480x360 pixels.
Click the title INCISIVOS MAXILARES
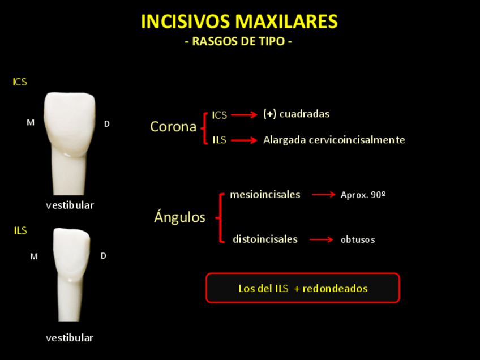click(x=239, y=22)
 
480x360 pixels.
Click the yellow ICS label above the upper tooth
click(x=20, y=82)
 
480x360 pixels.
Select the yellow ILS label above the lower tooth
click(x=20, y=230)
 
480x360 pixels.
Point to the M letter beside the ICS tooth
click(x=31, y=122)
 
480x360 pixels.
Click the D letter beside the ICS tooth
click(x=106, y=123)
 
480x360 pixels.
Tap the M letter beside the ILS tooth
click(x=34, y=256)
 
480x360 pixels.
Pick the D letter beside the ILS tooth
click(x=104, y=256)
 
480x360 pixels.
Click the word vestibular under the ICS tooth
click(x=70, y=205)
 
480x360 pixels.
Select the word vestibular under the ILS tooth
click(x=70, y=338)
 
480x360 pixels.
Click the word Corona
click(x=173, y=127)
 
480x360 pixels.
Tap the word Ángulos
click(x=179, y=217)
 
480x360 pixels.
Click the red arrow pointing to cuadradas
click(x=244, y=115)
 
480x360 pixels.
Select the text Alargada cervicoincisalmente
click(x=334, y=140)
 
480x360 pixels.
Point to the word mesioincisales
click(x=265, y=195)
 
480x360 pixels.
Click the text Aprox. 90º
click(x=363, y=195)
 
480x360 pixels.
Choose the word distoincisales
click(x=265, y=239)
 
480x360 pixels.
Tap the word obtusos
click(x=358, y=239)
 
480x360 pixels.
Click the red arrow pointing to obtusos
click(x=321, y=239)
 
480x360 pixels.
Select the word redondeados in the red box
click(x=335, y=289)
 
